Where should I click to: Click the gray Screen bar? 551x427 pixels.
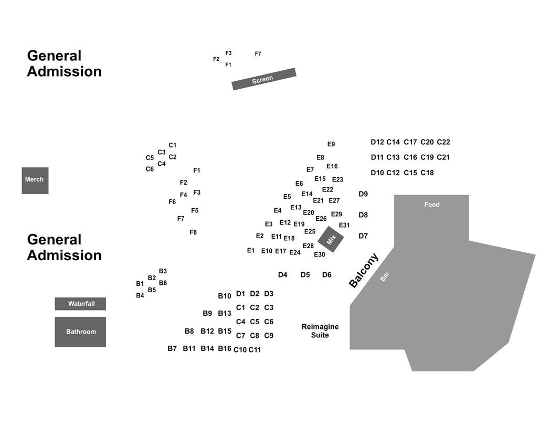[x=264, y=79]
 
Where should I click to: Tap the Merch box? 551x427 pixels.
[x=35, y=180]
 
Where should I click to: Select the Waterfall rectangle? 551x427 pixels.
[x=80, y=304]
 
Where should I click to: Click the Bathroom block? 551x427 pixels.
[x=80, y=332]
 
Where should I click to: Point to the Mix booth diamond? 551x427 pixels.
[x=331, y=239]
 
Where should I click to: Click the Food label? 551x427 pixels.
[x=432, y=205]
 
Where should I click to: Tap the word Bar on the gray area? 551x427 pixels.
[x=385, y=276]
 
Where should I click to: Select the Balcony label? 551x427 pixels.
[x=364, y=270]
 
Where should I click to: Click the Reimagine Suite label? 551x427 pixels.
[x=320, y=331]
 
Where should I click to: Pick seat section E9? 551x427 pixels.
[x=331, y=144]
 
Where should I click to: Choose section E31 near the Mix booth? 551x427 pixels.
[x=344, y=225]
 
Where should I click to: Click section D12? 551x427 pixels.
[x=377, y=142]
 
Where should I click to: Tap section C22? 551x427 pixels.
[x=443, y=142]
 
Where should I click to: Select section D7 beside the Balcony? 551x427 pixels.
[x=363, y=236]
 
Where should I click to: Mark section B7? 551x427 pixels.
[x=172, y=348]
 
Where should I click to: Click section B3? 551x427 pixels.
[x=163, y=271]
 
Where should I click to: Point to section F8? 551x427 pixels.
[x=193, y=232]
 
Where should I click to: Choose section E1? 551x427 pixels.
[x=250, y=250]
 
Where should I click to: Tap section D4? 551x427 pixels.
[x=282, y=274]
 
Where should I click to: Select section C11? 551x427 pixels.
[x=255, y=350]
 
